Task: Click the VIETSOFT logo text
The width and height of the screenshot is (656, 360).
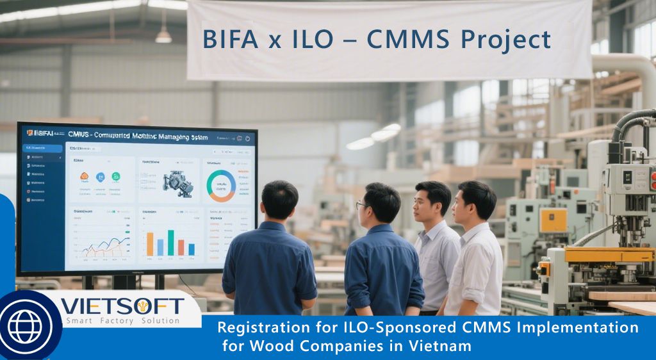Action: [x=122, y=306]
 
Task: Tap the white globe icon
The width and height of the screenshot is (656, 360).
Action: [x=25, y=327]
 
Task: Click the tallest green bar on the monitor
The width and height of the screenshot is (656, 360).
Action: [x=171, y=242]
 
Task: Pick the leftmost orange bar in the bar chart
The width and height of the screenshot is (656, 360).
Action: [x=150, y=244]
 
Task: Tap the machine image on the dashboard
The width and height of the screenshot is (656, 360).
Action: [x=177, y=183]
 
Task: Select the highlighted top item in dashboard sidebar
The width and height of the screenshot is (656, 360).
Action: [x=43, y=149]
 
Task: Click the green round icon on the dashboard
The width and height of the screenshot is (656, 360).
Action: [x=116, y=177]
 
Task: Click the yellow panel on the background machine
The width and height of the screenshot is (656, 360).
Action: [x=553, y=220]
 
